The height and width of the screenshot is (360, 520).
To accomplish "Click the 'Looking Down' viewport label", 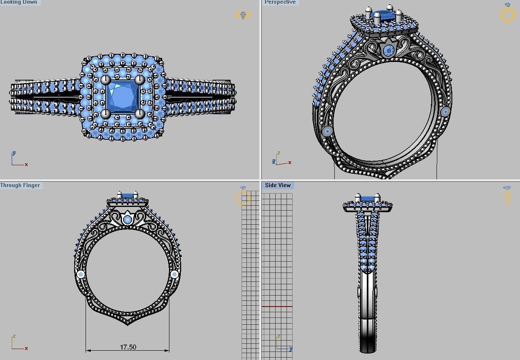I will (19, 2).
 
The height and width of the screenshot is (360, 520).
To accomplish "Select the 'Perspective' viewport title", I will (280, 2).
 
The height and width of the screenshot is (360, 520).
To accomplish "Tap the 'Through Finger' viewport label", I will (20, 185).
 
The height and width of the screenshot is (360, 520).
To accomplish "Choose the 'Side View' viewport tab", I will (278, 185).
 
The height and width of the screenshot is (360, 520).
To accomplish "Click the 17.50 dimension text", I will (128, 347).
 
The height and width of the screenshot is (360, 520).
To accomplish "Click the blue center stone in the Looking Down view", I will (122, 96).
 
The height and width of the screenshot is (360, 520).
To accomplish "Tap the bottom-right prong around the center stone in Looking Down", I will (140, 114).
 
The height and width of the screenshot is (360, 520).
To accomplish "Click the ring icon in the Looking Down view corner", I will (243, 15).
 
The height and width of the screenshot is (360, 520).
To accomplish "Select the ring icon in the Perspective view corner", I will (507, 13).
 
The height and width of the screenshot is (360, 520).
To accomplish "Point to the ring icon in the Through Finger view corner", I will (243, 197).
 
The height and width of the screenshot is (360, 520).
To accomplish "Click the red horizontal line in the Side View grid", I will (277, 307).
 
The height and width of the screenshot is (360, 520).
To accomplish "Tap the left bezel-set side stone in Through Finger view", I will (81, 275).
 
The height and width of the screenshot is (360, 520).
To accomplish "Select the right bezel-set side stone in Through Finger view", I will (175, 275).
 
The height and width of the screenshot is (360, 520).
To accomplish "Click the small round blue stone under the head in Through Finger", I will (127, 220).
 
